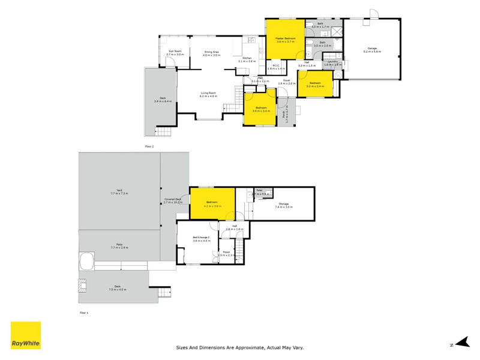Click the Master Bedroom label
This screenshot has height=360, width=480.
pyautogui.click(x=286, y=38)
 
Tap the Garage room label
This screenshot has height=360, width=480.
pyautogui.click(x=373, y=49)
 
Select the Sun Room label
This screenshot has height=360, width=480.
pyautogui.click(x=175, y=51)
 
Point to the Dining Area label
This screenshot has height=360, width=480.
pyautogui.click(x=212, y=51)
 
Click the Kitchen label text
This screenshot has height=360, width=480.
pyautogui.click(x=247, y=58)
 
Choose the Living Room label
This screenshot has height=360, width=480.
pyautogui.click(x=208, y=93)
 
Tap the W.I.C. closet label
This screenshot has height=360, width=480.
pyautogui.click(x=276, y=66)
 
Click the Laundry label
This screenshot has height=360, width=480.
pyautogui.click(x=332, y=61)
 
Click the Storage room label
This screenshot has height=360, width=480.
pyautogui.click(x=284, y=203)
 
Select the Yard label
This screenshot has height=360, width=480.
pyautogui.click(x=119, y=190)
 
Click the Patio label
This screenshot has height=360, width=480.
pyautogui.click(x=119, y=244)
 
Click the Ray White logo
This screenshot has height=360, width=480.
pyautogui.click(x=26, y=335)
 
